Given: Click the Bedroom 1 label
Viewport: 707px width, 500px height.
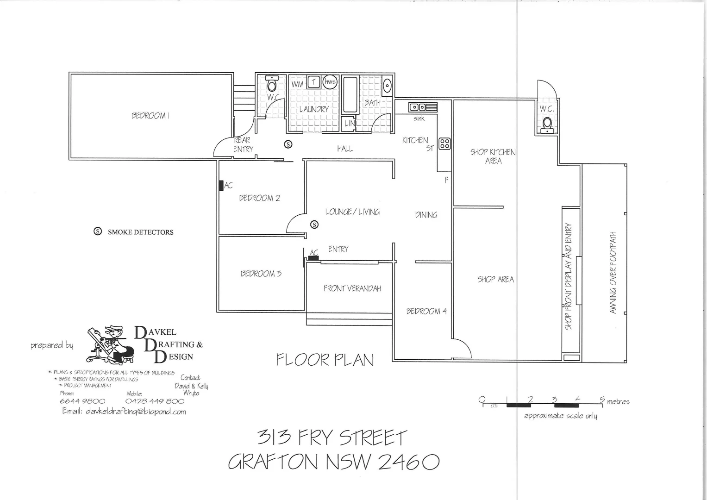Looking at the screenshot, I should coord(150,116).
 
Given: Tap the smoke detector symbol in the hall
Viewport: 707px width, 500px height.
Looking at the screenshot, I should coord(288,144).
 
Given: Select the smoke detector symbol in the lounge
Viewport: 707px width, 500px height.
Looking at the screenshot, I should coord(314,225).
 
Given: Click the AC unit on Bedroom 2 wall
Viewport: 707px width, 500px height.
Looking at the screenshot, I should coord(221,186).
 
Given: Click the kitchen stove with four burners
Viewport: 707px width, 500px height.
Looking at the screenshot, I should coord(444,144).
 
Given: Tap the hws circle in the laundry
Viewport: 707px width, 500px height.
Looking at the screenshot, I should coord(330,82).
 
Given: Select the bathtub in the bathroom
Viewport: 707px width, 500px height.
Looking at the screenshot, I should coord(350,95).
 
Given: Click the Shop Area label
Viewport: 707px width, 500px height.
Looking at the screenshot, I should coord(496,280).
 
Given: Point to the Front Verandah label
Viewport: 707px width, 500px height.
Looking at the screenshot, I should coord(352,288).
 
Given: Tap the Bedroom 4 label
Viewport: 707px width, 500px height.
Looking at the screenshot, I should coord(426,311).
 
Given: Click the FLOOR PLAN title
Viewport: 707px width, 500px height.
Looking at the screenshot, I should coord(325,360).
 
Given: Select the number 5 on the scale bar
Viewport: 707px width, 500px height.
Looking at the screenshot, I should coord(602,399).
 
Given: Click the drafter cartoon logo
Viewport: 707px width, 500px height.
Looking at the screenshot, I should coord(110,345).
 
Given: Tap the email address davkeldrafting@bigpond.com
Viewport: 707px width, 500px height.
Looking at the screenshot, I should coord(124,412).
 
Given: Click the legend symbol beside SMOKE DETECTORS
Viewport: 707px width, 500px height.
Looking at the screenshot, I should coord(98,232).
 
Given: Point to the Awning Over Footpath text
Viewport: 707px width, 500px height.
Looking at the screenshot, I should coord(613,273).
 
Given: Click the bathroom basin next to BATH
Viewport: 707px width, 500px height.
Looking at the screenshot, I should coord(387,86).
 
